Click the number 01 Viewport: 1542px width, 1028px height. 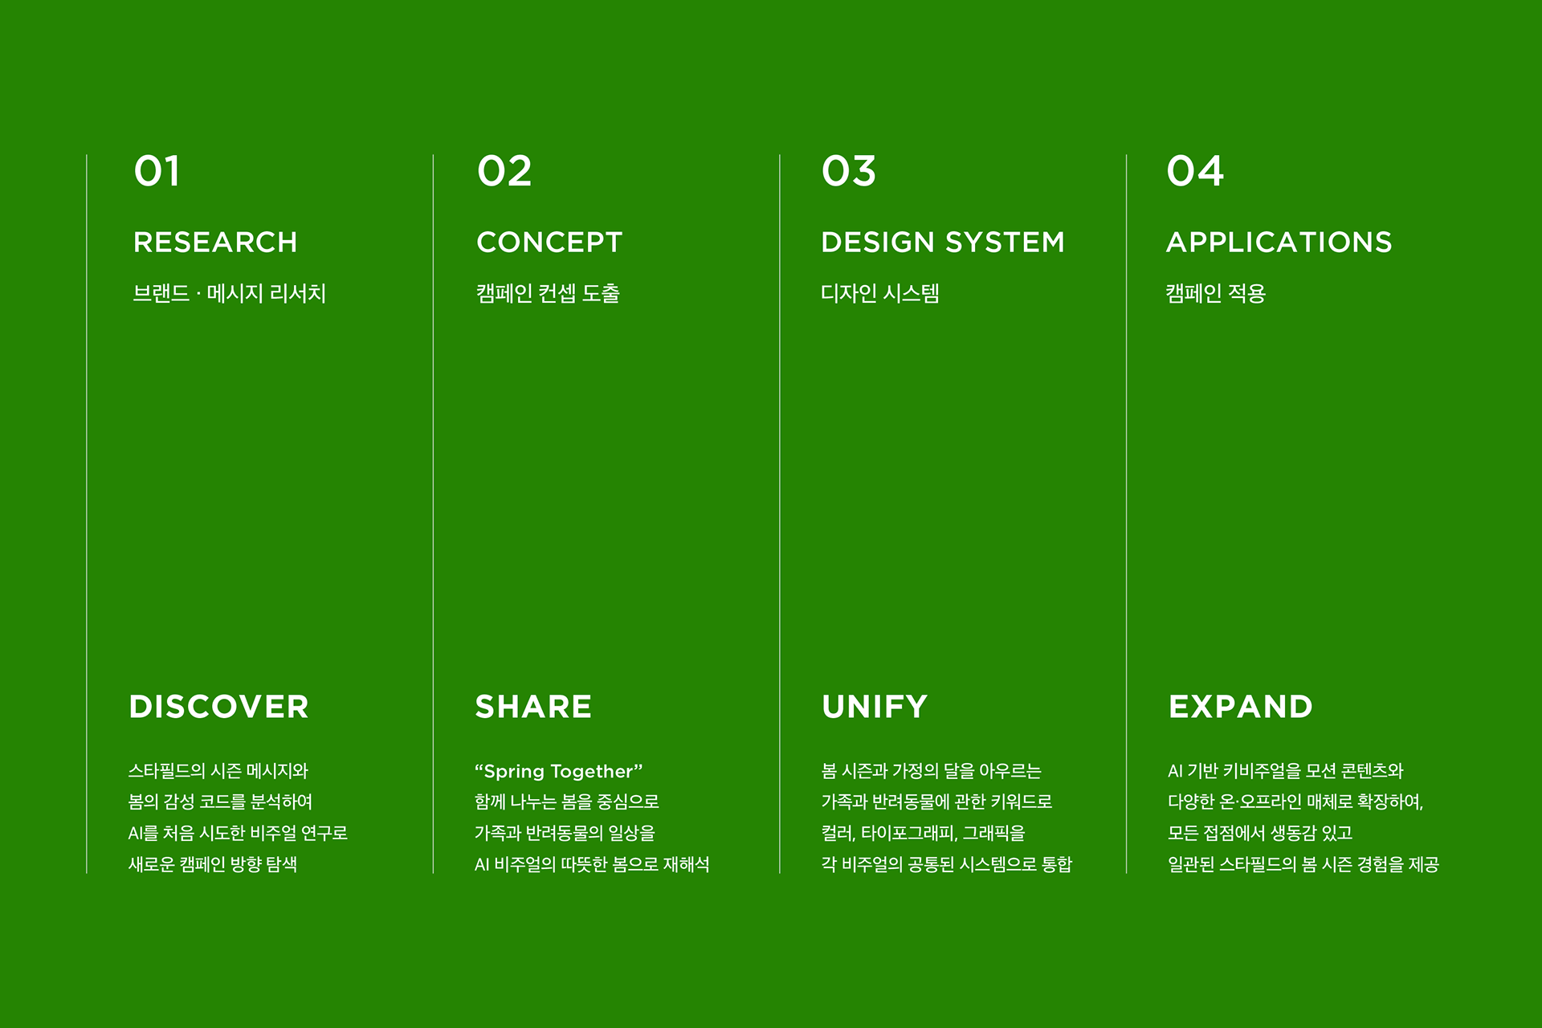157,171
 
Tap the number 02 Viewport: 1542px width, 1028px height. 504,171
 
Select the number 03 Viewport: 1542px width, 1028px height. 849,171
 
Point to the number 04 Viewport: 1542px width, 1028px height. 1195,171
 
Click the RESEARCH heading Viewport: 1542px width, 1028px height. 215,242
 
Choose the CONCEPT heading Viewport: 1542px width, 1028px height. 549,242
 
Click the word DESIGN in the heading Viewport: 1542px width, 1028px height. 878,242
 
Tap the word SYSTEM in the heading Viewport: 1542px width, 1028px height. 1005,242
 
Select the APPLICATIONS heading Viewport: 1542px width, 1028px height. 1279,242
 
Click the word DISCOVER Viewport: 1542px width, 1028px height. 219,707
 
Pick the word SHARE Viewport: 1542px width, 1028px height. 533,707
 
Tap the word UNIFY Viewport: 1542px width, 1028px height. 875,707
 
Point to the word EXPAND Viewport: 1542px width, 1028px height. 1241,707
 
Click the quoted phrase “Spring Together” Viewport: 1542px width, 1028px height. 559,771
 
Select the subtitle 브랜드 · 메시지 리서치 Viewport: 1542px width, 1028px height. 230,293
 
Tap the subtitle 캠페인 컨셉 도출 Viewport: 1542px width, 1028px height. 548,293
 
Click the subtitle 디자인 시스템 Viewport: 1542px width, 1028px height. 880,293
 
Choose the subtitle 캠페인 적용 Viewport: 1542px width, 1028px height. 1216,293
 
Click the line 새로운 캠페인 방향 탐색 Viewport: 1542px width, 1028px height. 213,864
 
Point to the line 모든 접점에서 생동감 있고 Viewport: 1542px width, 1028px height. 1260,833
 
